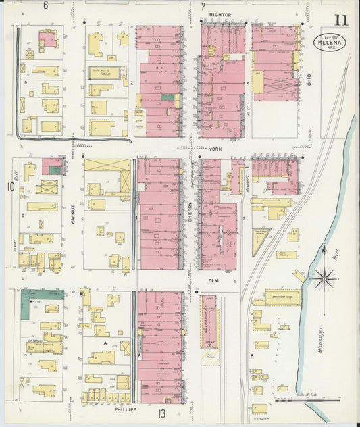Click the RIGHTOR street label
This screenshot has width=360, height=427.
(x=220, y=14)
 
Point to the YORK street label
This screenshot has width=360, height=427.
(x=215, y=148)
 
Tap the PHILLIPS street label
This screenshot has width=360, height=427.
(x=125, y=409)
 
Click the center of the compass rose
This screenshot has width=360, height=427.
(x=325, y=277)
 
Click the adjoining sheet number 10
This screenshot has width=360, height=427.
(x=9, y=185)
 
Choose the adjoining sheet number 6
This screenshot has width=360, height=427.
(x=46, y=6)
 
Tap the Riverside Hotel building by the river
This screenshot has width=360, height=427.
(x=282, y=297)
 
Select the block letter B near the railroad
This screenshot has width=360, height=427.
(x=251, y=355)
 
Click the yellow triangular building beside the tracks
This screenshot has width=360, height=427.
(x=259, y=240)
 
